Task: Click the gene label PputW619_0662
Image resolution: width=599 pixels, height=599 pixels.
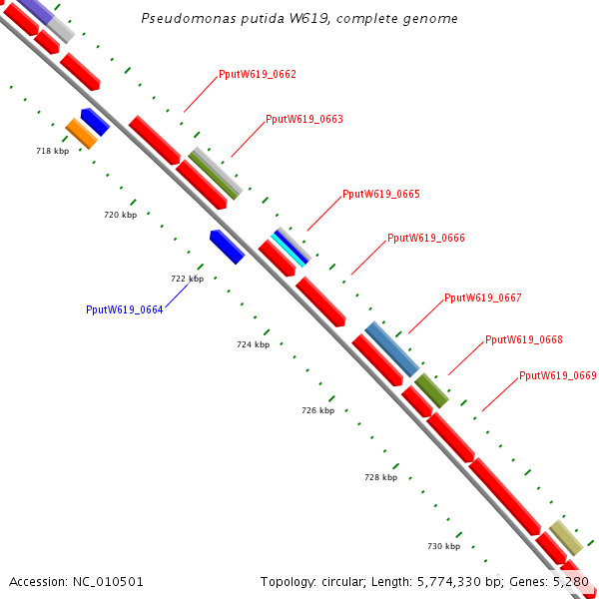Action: tap(257, 75)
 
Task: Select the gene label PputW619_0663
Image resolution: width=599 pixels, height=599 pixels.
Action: tap(303, 120)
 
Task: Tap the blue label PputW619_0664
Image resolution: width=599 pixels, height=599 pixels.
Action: tap(124, 309)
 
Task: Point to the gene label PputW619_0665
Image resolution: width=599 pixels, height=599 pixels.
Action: tap(380, 195)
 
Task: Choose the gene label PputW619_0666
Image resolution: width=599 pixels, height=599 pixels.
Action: tap(425, 239)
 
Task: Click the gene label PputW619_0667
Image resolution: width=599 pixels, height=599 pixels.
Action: tap(482, 299)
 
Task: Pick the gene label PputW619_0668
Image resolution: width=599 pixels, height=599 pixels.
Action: tap(523, 340)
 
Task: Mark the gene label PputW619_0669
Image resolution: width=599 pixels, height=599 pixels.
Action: tap(557, 376)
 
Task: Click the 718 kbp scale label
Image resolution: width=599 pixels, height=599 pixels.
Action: tap(52, 152)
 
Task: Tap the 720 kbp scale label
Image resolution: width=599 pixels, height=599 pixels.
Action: tap(120, 216)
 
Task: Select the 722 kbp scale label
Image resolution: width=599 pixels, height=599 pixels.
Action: tap(187, 280)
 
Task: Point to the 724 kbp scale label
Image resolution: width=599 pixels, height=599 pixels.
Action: tap(253, 344)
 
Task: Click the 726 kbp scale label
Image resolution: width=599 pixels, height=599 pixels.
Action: tap(317, 411)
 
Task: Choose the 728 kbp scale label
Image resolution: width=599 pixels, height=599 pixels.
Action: tap(380, 478)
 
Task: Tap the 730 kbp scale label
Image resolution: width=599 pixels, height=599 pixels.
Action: tap(443, 547)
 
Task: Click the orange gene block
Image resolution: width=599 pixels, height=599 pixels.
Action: tap(81, 133)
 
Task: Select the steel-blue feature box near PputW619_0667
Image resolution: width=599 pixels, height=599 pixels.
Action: tap(391, 348)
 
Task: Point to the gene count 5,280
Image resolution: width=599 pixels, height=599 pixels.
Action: tap(572, 581)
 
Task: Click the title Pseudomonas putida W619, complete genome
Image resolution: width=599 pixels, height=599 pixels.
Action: tap(299, 19)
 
